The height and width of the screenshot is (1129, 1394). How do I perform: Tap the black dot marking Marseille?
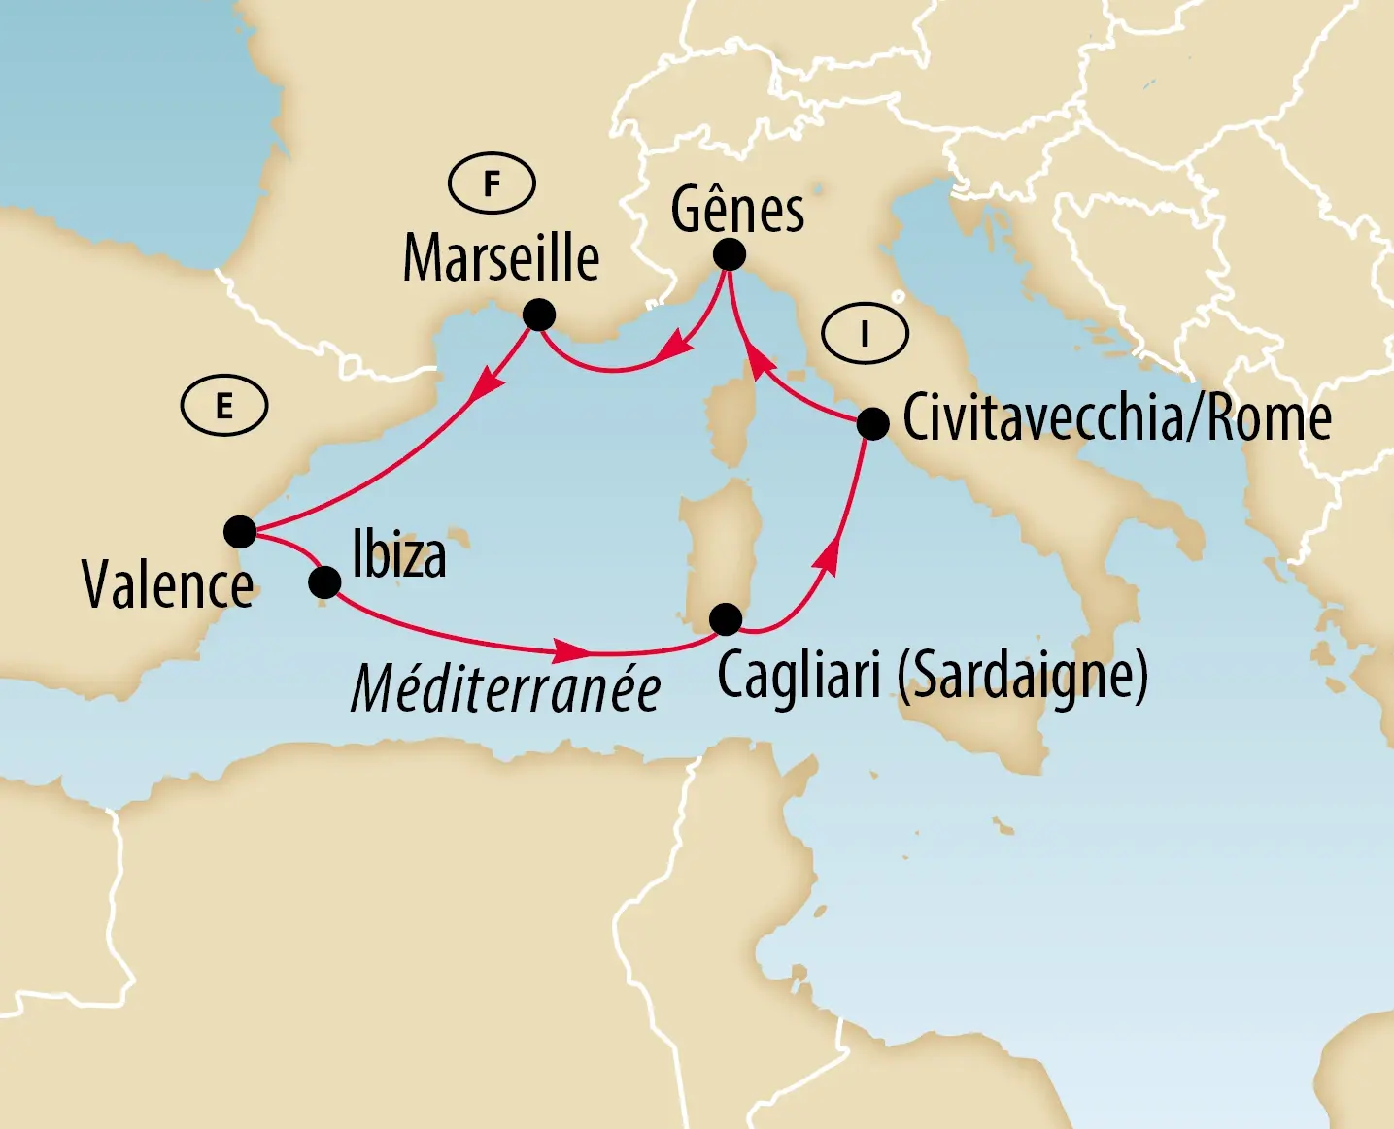click(x=538, y=315)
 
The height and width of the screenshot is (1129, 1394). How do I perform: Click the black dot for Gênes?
click(x=729, y=254)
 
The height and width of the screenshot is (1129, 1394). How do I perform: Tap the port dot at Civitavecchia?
click(x=872, y=424)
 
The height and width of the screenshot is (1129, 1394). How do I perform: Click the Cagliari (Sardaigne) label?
click(x=932, y=675)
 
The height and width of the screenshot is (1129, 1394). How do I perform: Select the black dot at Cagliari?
click(x=725, y=618)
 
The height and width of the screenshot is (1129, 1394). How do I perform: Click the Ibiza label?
click(x=399, y=555)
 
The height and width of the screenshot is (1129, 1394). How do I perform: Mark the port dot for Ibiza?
click(x=323, y=582)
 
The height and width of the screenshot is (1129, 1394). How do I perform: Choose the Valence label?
click(x=168, y=585)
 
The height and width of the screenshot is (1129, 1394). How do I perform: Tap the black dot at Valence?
click(x=239, y=532)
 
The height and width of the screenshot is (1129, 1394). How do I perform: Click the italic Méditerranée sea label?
click(x=505, y=689)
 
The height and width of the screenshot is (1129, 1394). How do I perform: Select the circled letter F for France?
click(x=492, y=183)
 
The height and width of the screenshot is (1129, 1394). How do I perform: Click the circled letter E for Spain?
click(x=224, y=406)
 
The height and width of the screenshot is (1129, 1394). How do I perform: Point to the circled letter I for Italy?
click(x=865, y=335)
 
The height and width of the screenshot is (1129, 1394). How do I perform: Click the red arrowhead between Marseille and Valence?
click(x=487, y=390)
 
